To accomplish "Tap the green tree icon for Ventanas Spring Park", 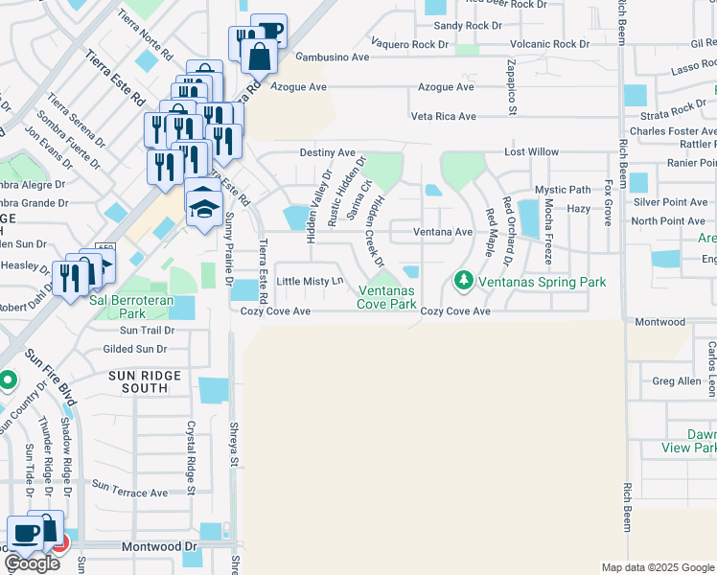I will pyautogui.click(x=464, y=280).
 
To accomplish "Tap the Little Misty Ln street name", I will pyautogui.click(x=310, y=282).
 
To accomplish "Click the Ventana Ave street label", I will pyautogui.click(x=443, y=232).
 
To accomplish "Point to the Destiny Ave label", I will pyautogui.click(x=327, y=152).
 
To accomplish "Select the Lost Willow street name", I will pyautogui.click(x=532, y=152).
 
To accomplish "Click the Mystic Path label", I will pyautogui.click(x=563, y=190).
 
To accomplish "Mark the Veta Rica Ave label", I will pyautogui.click(x=443, y=117).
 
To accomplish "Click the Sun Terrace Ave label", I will pyautogui.click(x=130, y=494).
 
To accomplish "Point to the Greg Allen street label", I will pyautogui.click(x=677, y=381).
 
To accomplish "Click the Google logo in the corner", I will pyautogui.click(x=32, y=563).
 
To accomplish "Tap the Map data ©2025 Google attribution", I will pyautogui.click(x=657, y=567).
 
